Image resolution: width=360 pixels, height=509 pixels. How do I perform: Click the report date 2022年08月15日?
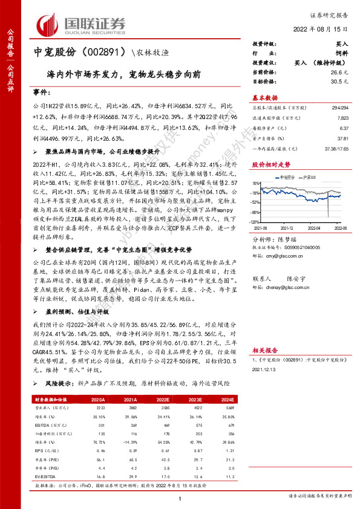tap(327, 29)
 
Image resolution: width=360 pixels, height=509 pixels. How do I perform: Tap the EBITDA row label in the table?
tap(43, 426)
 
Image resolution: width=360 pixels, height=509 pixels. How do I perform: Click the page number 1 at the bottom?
tap(180, 498)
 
